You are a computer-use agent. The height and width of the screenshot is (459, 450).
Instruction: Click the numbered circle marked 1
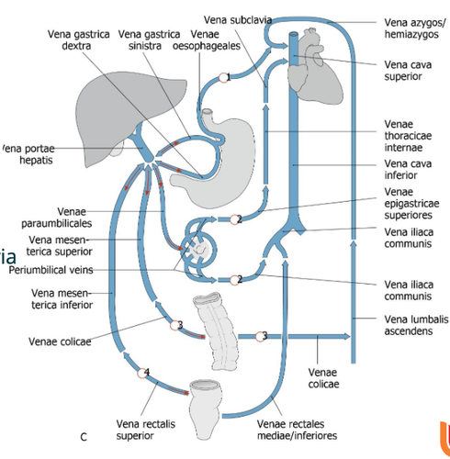coord(223,78)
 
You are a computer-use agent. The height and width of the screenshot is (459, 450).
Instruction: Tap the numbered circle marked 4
coord(141,374)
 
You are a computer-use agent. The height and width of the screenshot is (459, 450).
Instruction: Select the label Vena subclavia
coord(238,20)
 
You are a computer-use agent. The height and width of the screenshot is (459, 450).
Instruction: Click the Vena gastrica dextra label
coord(78,39)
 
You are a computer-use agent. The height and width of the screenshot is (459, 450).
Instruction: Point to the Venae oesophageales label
coord(207,39)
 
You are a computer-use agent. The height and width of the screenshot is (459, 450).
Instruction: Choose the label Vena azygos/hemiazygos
coord(415,28)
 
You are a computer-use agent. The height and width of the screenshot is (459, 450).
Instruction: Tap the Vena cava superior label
coord(408,71)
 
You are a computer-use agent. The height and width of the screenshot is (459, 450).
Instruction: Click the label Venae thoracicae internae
coord(408,136)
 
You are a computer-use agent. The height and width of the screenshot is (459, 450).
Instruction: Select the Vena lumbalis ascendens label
coord(416,325)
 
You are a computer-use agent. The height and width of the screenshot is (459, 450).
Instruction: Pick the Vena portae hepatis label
coord(28,154)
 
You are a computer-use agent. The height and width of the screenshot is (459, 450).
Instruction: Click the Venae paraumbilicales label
coord(57,218)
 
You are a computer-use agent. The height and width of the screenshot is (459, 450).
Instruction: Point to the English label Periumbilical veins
coord(51,270)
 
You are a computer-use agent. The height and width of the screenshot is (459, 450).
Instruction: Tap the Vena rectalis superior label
coord(146,430)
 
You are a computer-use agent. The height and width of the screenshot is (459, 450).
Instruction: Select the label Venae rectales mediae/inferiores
coord(297,430)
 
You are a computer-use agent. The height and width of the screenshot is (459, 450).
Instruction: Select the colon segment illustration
coord(217,330)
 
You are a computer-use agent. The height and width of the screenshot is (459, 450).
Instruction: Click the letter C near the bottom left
coord(84,437)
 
